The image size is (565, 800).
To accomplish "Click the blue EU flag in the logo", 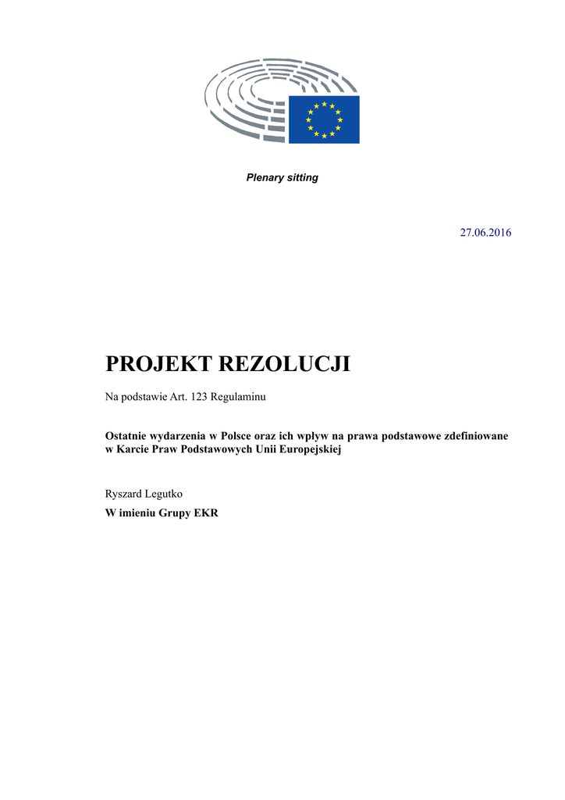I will coord(324,120).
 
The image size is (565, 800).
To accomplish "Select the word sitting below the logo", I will coord(302,177).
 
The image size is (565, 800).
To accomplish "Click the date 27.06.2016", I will coord(485,233).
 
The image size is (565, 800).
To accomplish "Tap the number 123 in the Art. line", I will coord(211,397).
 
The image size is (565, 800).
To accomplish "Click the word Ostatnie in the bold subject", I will coord(127,435).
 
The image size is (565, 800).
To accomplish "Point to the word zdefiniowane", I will coord(476,435).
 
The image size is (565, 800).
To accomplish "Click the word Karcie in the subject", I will coord(134,450).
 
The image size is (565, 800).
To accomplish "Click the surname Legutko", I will coord(165,494).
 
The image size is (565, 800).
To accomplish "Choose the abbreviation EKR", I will coord(205,513).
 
